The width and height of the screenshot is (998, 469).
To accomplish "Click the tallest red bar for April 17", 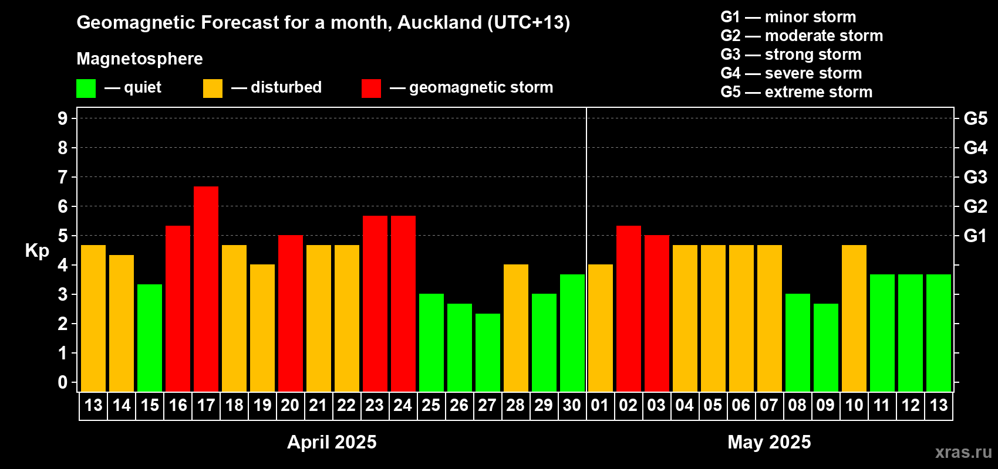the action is [x=206, y=289].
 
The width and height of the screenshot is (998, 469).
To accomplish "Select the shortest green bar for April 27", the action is [x=488, y=352].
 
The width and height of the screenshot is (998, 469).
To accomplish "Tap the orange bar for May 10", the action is [x=854, y=318].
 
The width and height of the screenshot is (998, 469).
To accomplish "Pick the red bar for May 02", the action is [x=629, y=308].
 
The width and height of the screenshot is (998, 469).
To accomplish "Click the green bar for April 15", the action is [x=150, y=338].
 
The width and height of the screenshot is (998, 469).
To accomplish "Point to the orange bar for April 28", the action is [x=516, y=328].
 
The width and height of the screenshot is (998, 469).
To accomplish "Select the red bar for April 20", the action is [x=291, y=313].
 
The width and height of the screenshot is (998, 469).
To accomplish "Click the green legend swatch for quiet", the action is [x=86, y=88].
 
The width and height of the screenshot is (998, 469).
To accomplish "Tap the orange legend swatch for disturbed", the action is [x=213, y=88].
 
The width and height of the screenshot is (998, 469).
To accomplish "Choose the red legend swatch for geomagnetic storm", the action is [x=371, y=88].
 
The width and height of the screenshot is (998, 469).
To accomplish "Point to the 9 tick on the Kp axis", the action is [x=62, y=118].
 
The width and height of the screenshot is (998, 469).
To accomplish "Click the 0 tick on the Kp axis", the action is [x=62, y=382].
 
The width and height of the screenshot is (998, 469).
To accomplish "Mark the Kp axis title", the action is [x=36, y=251].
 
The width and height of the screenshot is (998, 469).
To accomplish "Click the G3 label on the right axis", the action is [x=976, y=177].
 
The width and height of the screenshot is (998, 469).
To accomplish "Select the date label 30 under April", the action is [x=572, y=405].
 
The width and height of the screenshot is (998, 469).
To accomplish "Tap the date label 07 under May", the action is [x=769, y=405].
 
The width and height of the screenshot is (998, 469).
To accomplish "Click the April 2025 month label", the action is [x=332, y=442].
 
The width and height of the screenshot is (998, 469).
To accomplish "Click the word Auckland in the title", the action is [x=440, y=23].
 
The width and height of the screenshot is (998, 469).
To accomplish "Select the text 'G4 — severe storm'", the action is [x=791, y=73].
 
